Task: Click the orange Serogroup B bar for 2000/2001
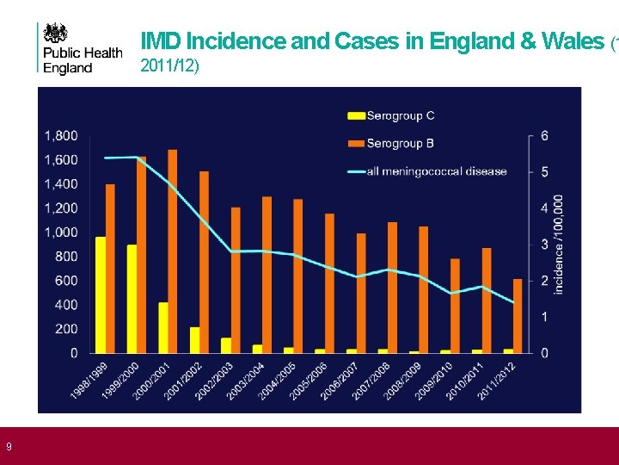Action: pos(173,251)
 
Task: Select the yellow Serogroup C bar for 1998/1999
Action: pos(101,294)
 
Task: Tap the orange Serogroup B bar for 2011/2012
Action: pos(518,316)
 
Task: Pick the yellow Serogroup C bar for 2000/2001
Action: pos(163,327)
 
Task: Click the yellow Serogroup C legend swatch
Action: pos(356,115)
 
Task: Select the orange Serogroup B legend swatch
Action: pos(356,143)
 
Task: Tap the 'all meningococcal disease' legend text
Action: pos(437,171)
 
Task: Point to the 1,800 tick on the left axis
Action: pos(61,135)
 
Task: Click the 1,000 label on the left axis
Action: pos(61,232)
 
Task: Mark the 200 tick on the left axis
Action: pos(66,329)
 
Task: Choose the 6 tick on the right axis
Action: pos(545,136)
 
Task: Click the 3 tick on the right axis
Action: pos(545,245)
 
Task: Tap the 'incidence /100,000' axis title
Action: pos(560,244)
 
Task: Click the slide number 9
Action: pos(8,446)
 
